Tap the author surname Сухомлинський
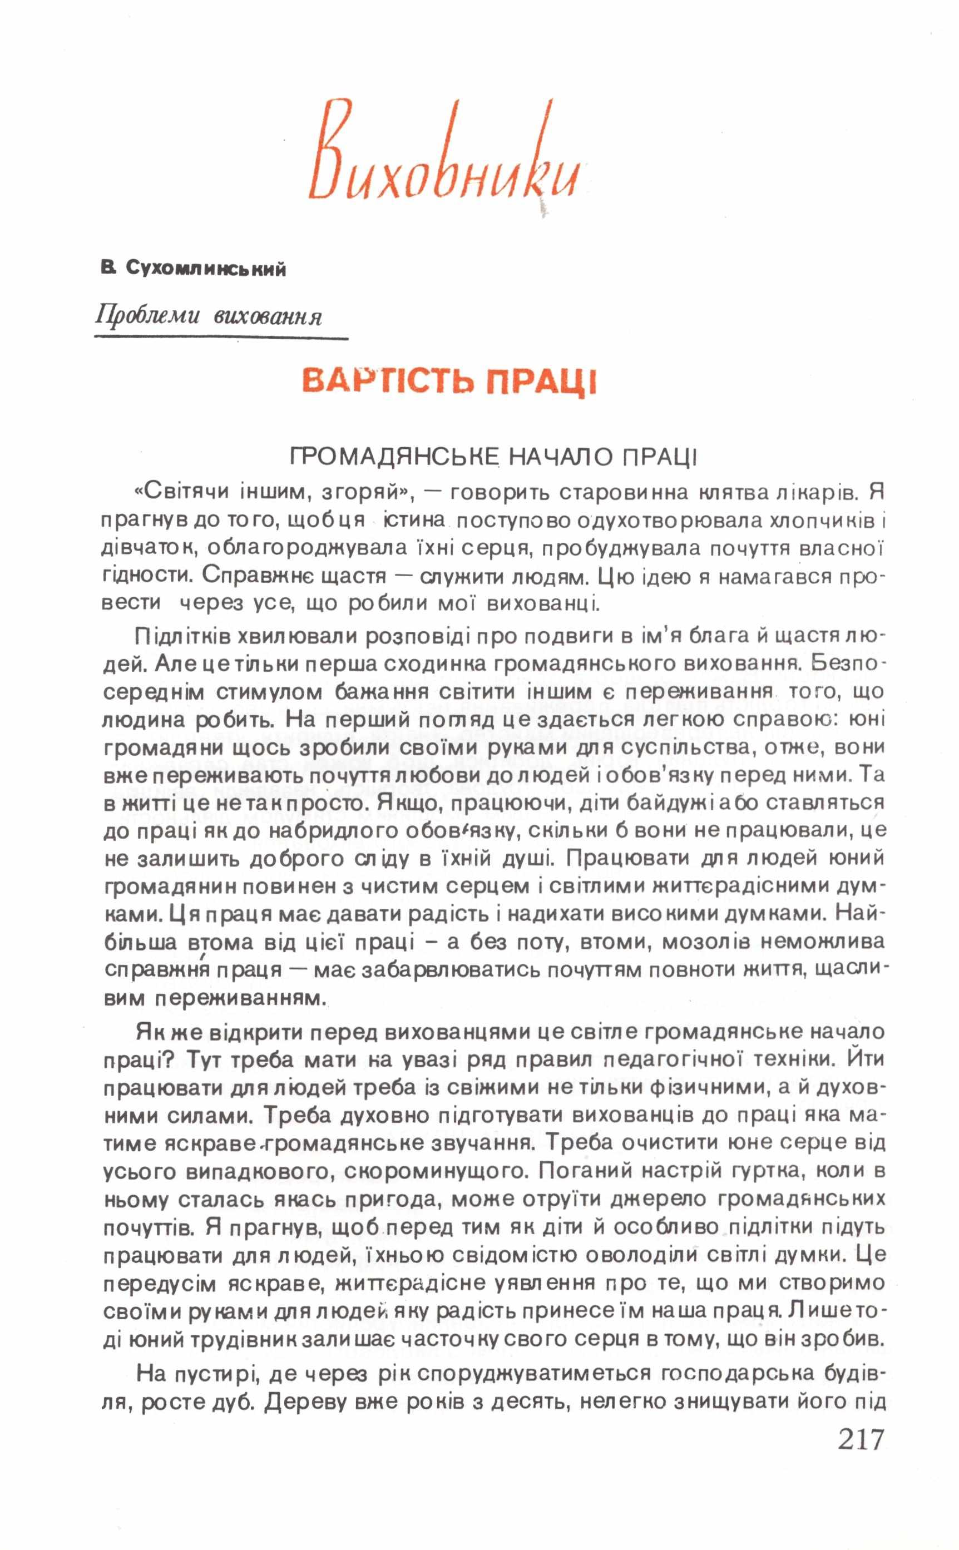(206, 269)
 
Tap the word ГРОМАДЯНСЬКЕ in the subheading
(394, 457)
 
